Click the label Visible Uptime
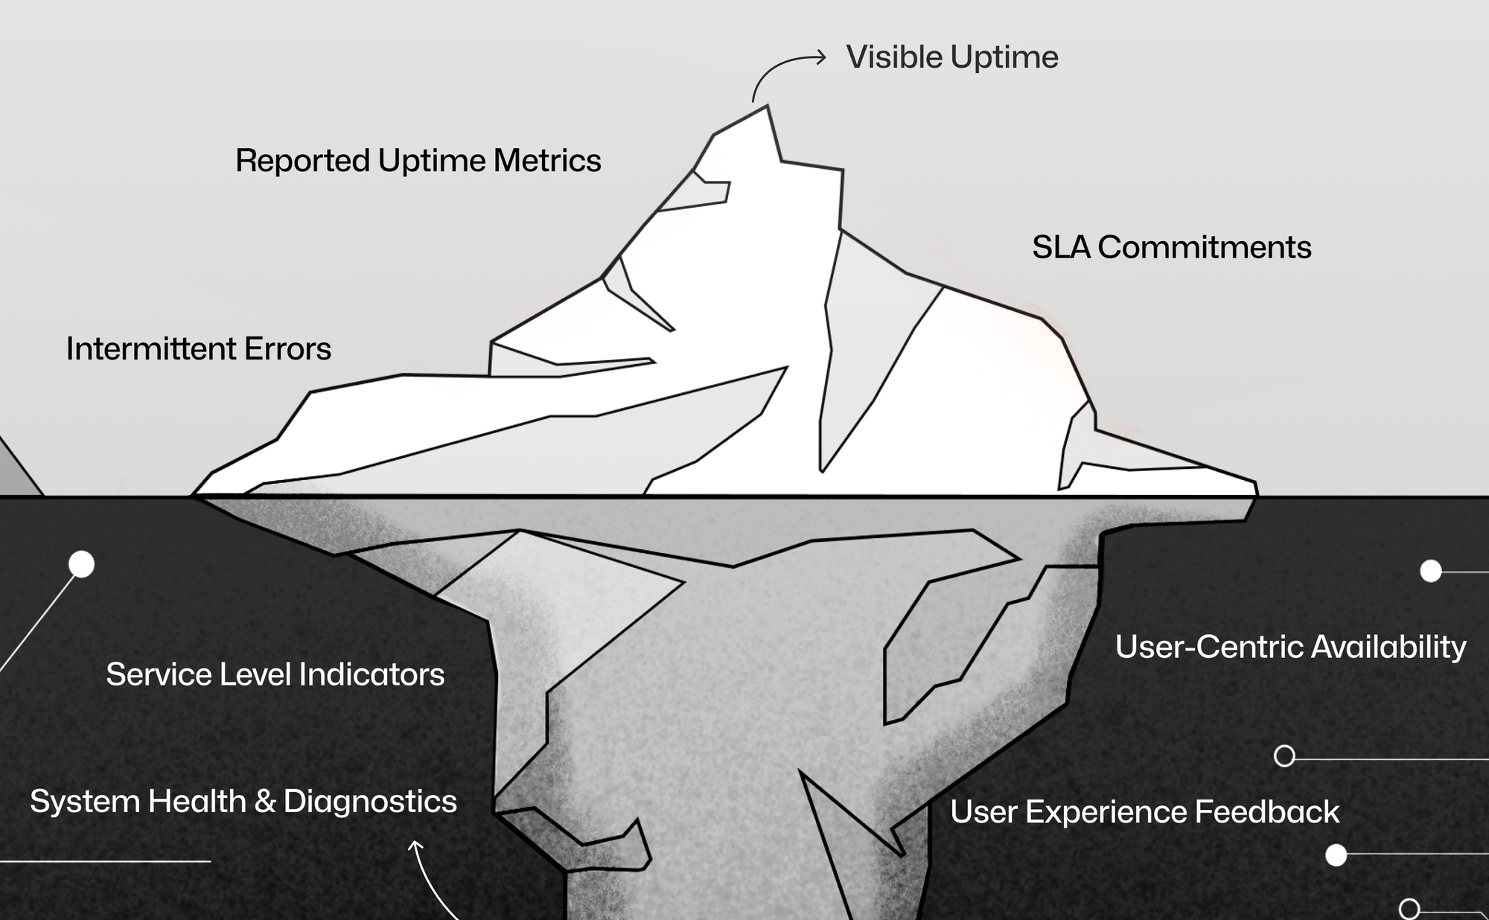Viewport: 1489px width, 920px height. [x=951, y=57]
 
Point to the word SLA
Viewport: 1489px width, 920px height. [x=1060, y=248]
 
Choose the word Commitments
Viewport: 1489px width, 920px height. [x=1204, y=248]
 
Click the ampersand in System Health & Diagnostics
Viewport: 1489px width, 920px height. [x=265, y=802]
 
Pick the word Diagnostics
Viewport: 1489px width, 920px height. [x=370, y=802]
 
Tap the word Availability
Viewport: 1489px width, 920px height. [x=1388, y=647]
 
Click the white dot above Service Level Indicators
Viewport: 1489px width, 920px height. [x=82, y=564]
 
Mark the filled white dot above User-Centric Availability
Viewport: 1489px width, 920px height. [x=1431, y=571]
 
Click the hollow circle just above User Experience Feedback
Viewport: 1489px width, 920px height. [x=1284, y=756]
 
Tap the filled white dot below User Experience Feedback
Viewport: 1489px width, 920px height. [x=1336, y=855]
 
